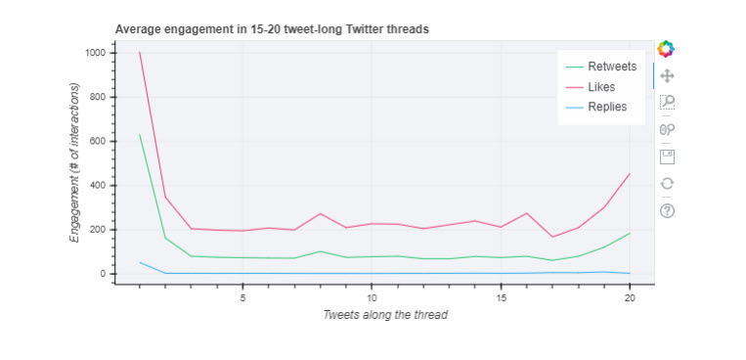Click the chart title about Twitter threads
tap(272, 29)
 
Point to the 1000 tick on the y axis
tap(94, 53)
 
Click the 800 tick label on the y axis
tap(97, 97)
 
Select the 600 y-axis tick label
tap(97, 141)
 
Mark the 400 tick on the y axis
tap(97, 185)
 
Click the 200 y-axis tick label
tap(97, 230)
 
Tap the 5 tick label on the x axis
tap(242, 297)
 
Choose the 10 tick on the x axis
tap(372, 297)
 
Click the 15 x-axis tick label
tap(501, 297)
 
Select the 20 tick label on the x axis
tap(630, 297)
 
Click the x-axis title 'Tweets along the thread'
tap(385, 315)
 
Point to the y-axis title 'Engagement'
tap(74, 162)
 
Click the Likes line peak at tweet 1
tap(140, 53)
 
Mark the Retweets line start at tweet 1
tap(140, 135)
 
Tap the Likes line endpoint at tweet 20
tap(630, 173)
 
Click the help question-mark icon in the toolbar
tap(668, 210)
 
